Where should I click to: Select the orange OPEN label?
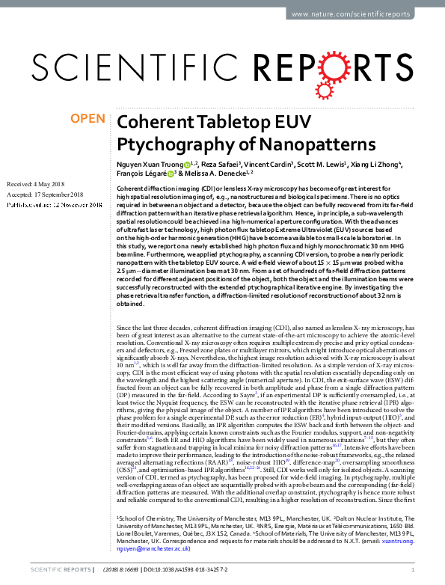87,119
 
